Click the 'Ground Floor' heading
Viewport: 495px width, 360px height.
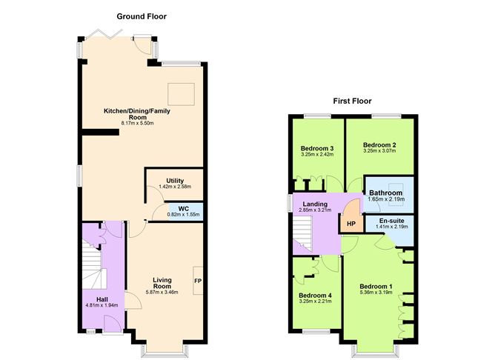click(x=142, y=16)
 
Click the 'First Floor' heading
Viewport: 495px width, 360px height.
click(x=351, y=101)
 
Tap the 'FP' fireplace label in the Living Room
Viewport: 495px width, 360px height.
click(x=198, y=281)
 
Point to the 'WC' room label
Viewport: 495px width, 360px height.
click(x=173, y=207)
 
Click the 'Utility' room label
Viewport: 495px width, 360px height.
click(x=174, y=181)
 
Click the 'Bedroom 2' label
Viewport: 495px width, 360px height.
click(x=379, y=144)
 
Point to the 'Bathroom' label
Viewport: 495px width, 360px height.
click(x=385, y=193)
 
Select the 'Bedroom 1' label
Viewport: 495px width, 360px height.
click(x=376, y=286)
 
